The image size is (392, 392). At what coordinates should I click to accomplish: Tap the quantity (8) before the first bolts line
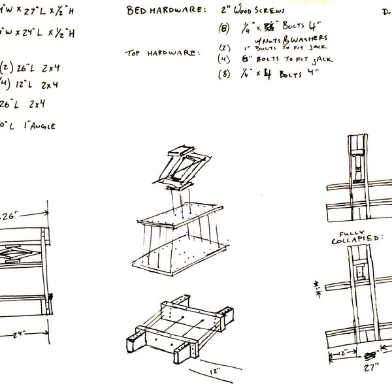pos(226,29)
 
